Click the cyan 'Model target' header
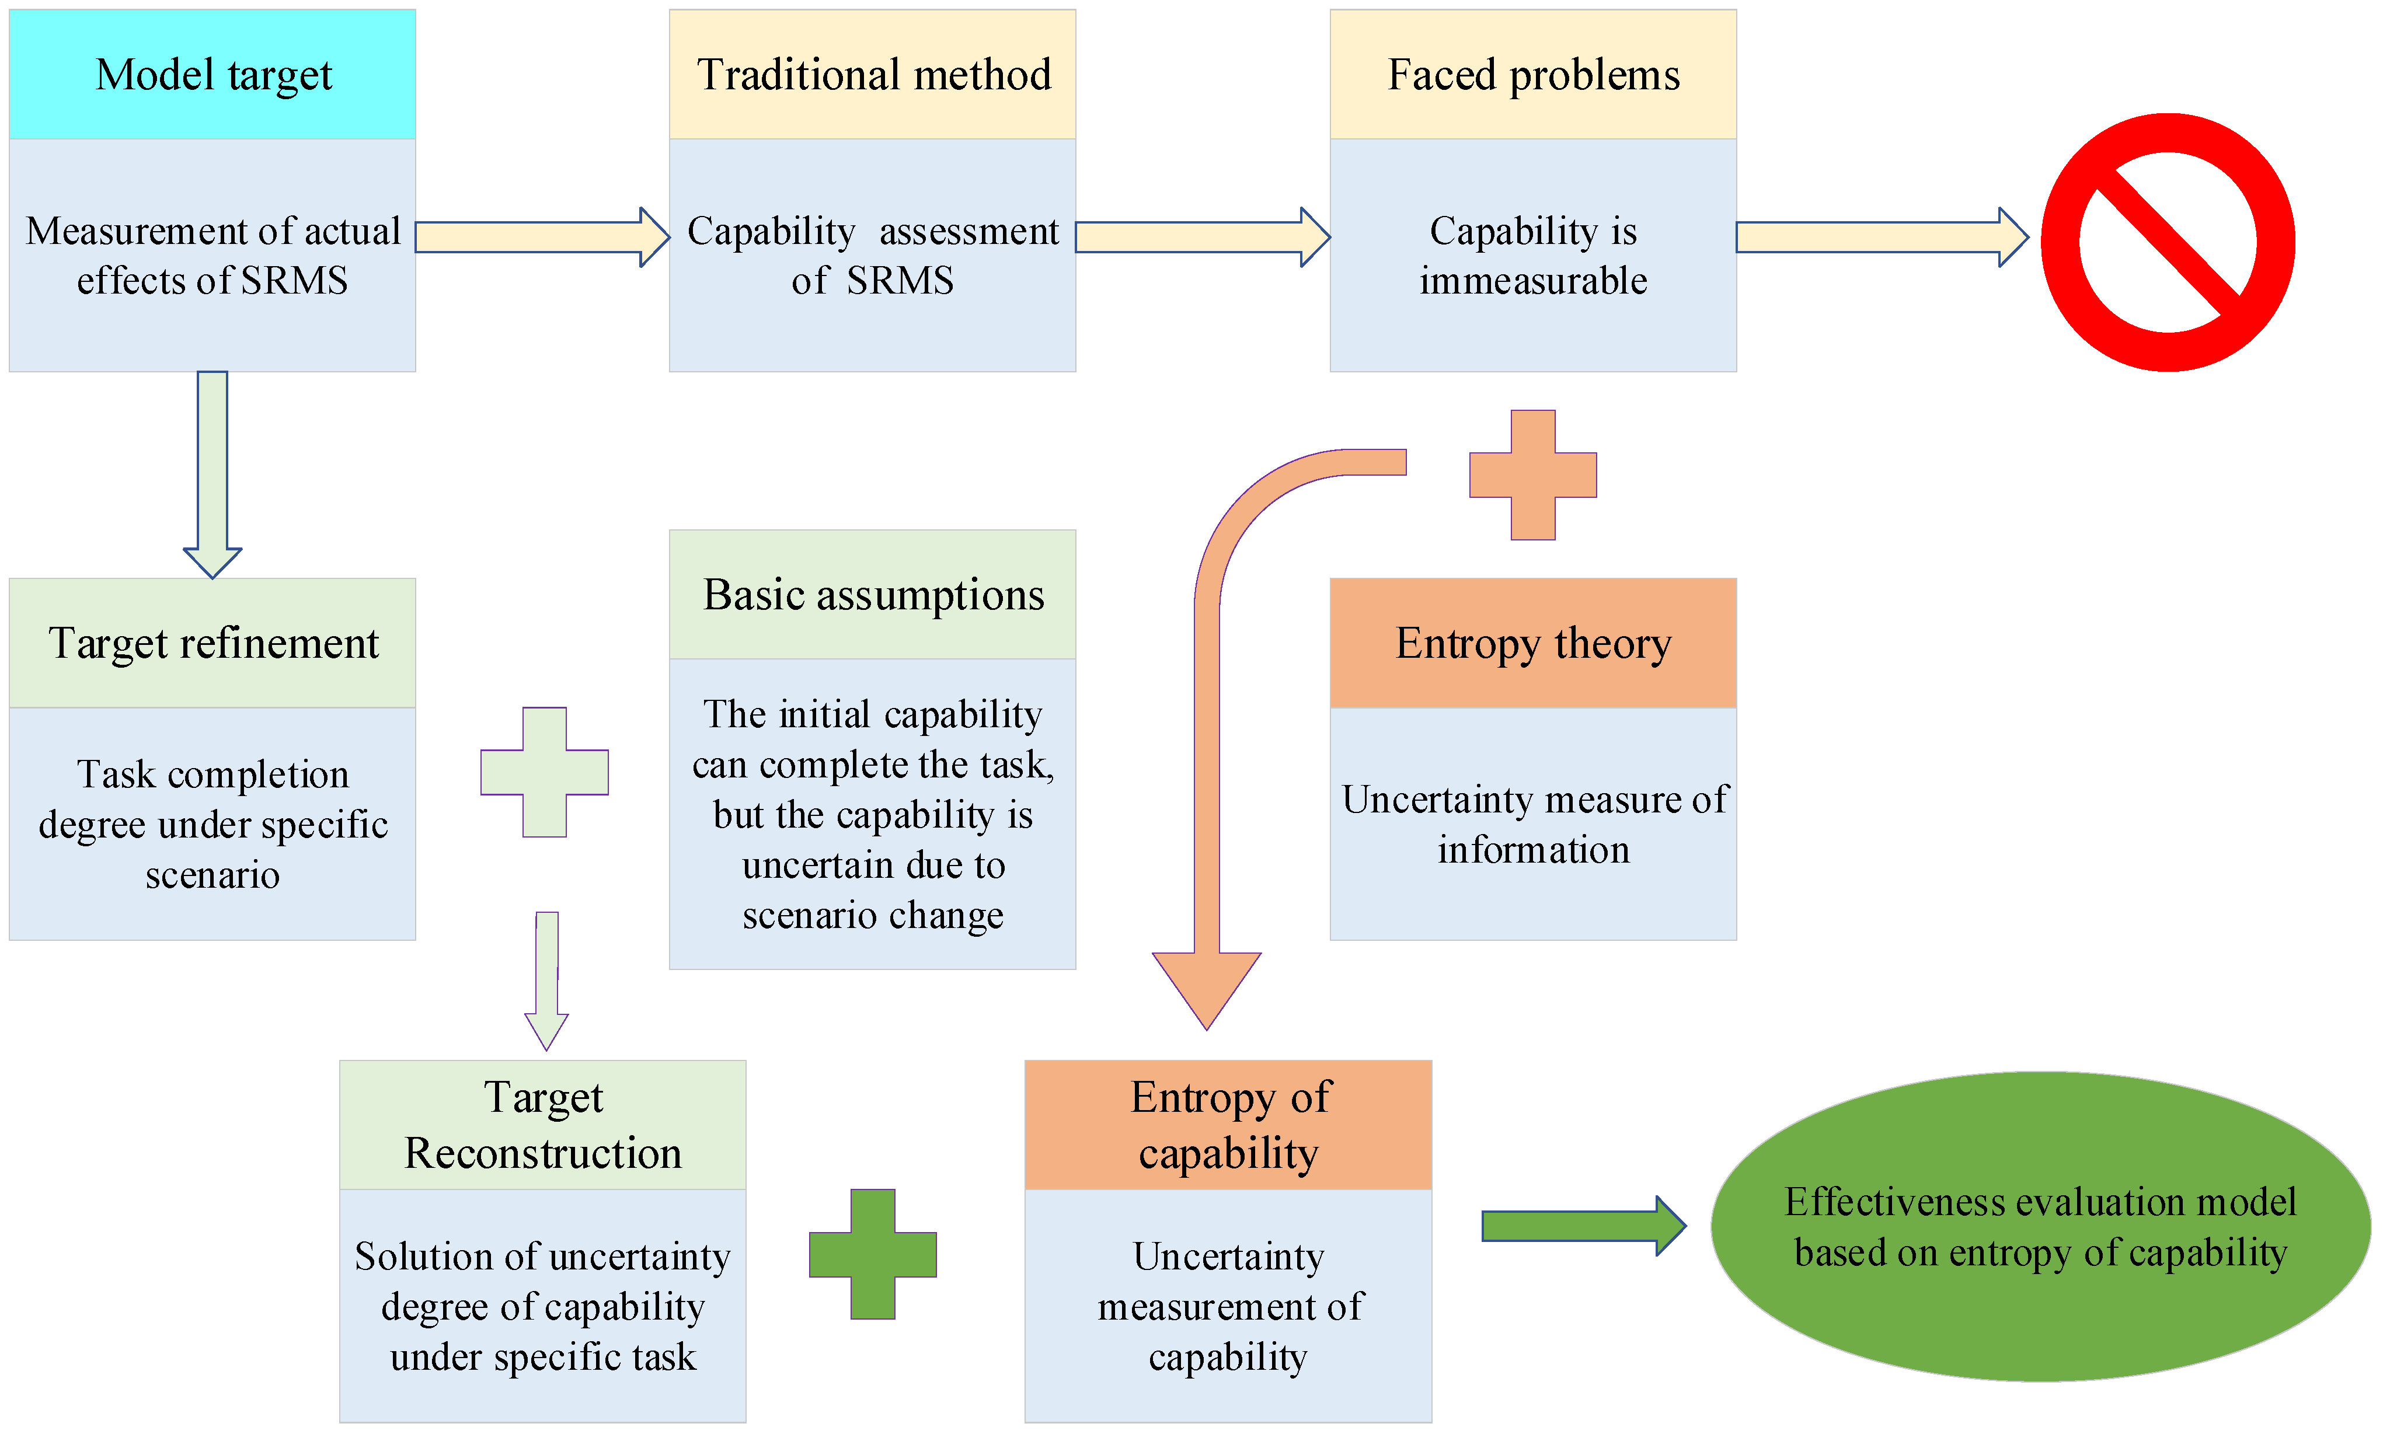[212, 74]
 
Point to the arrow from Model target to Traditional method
[542, 237]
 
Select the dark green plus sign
[873, 1254]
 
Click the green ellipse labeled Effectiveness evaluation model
[2041, 1226]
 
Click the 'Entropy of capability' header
[1228, 1125]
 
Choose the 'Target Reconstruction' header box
[542, 1125]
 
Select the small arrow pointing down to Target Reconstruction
[547, 981]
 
